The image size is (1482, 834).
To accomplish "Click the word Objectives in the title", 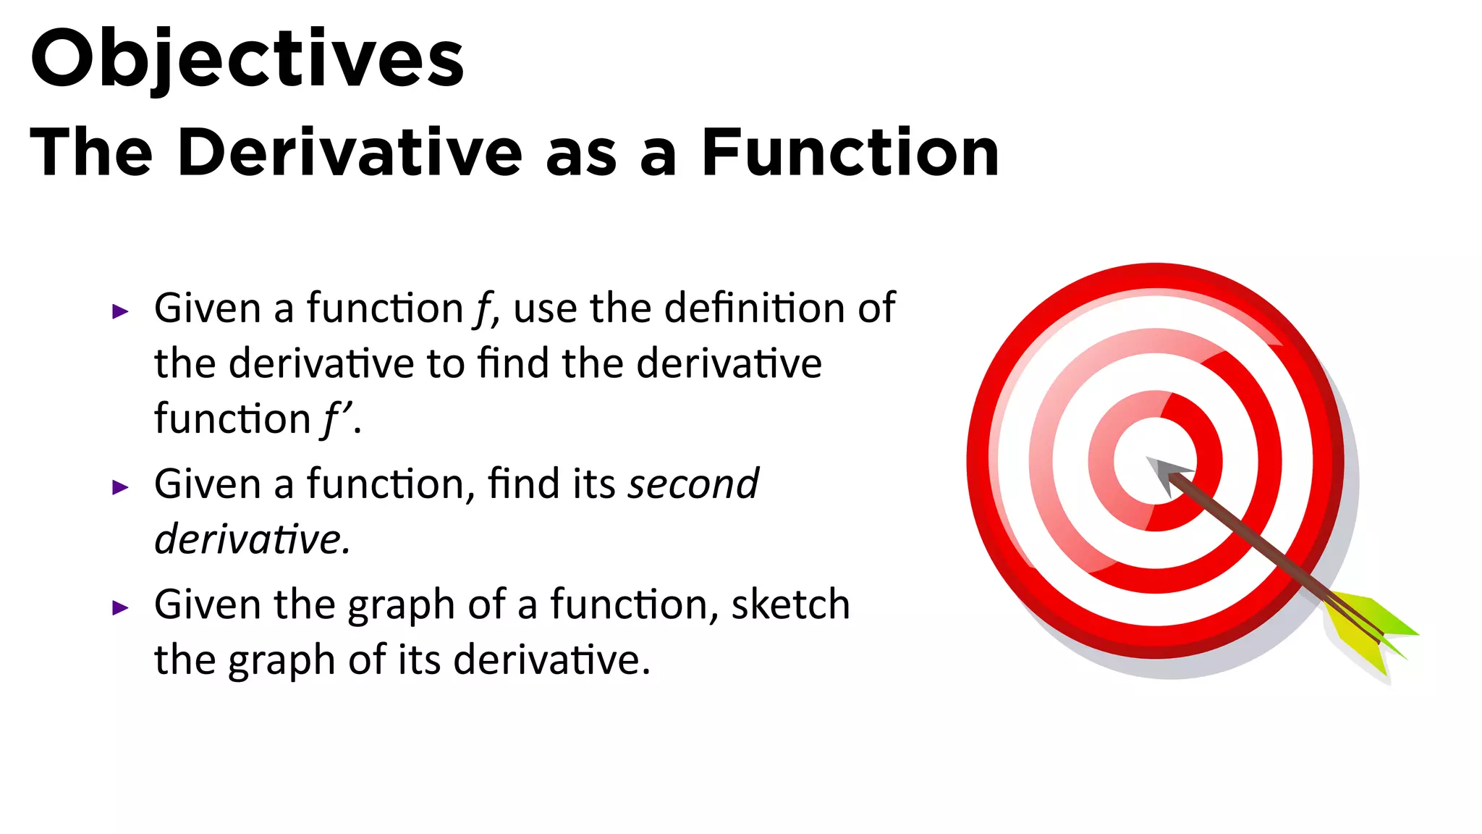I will point(247,59).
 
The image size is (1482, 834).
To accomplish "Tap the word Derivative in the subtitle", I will point(350,153).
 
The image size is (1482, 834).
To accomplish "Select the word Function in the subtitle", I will point(850,153).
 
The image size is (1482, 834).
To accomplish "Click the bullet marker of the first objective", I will point(120,312).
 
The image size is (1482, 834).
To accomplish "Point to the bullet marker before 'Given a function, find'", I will point(120,487).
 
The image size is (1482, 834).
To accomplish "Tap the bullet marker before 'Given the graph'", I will point(120,607).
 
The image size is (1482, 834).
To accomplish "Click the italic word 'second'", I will point(693,484).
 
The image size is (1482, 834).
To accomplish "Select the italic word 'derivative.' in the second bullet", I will point(253,539).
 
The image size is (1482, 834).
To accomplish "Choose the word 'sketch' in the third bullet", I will point(790,605).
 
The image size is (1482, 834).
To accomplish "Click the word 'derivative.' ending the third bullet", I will point(552,660).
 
